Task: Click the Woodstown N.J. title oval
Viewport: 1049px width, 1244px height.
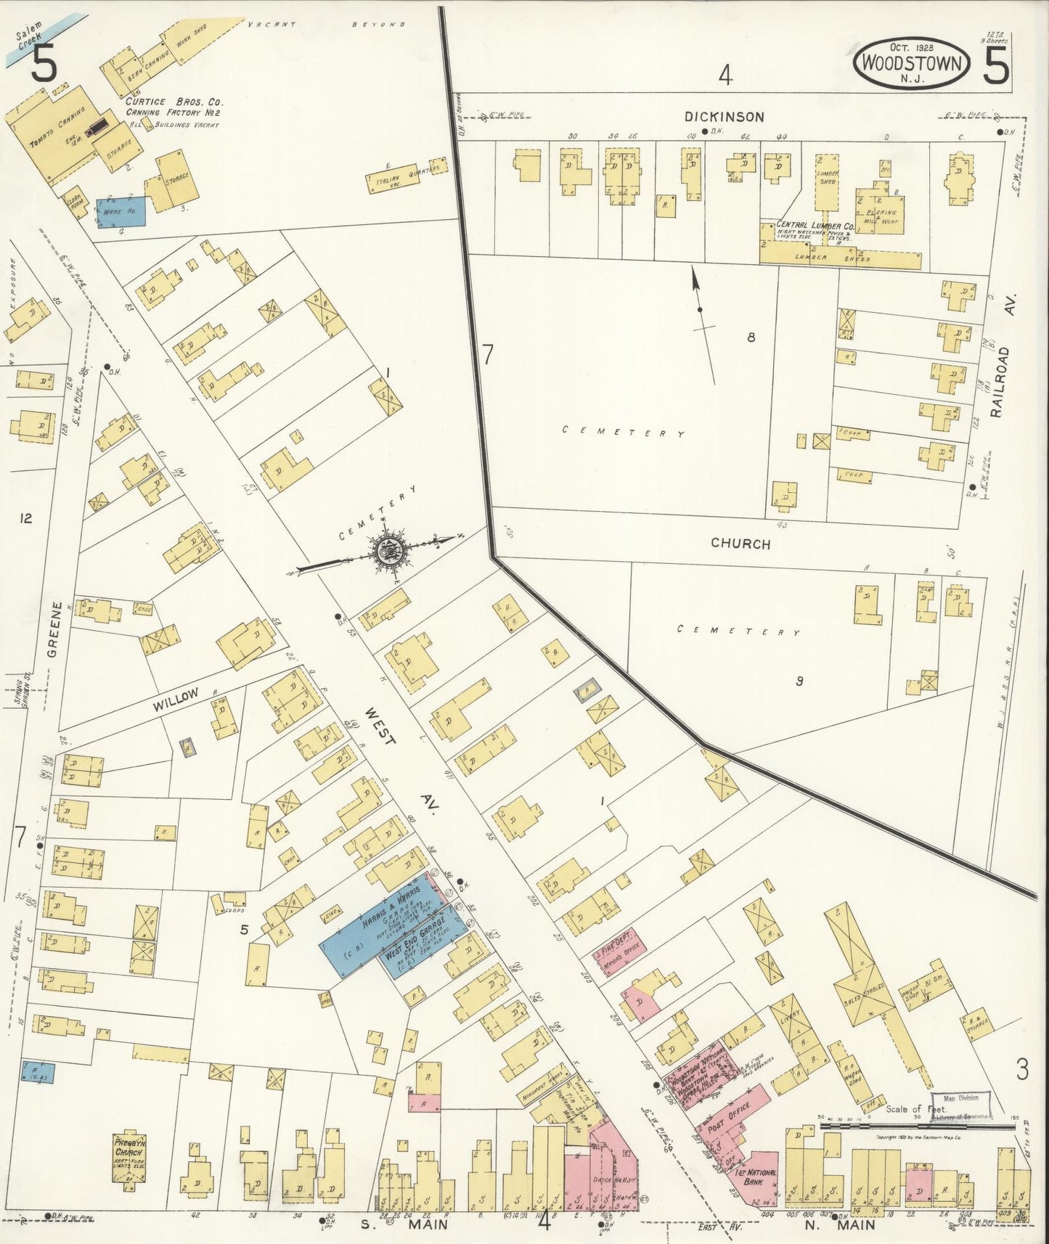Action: tap(912, 64)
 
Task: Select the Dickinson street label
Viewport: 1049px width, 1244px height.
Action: tap(724, 117)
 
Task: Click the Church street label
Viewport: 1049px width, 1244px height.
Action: tap(740, 544)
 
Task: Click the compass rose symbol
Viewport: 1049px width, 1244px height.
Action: tap(392, 553)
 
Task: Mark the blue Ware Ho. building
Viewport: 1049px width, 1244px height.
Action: tap(121, 211)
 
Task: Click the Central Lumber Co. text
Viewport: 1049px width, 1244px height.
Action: tap(815, 226)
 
